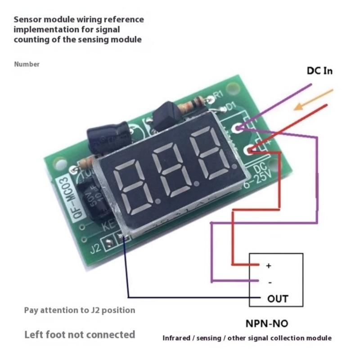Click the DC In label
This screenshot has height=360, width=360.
click(320, 71)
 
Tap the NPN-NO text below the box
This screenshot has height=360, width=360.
click(267, 323)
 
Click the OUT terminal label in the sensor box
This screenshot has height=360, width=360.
click(278, 298)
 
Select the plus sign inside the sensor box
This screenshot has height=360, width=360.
click(269, 266)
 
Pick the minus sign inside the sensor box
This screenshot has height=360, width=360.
click(269, 282)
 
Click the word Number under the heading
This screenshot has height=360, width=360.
click(27, 64)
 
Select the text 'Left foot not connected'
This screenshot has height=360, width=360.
click(79, 334)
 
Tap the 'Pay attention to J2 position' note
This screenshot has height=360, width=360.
click(79, 310)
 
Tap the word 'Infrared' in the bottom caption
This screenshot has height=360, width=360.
click(177, 338)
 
